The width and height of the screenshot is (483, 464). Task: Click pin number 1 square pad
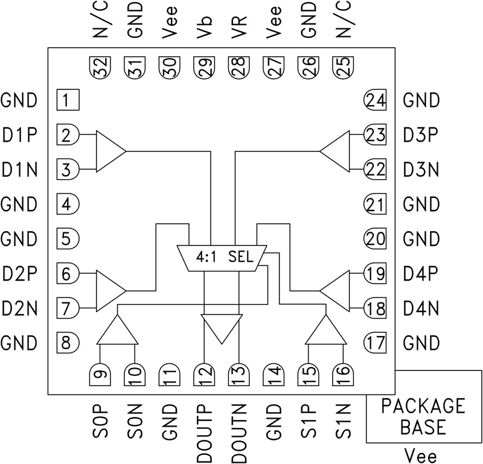67,100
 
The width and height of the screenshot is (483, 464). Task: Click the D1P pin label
20,135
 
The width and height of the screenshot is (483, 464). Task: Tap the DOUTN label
239,432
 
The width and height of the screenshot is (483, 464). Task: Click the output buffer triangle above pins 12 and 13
222,327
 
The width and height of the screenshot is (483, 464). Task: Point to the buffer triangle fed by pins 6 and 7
109,290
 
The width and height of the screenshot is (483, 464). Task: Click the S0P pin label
101,424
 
